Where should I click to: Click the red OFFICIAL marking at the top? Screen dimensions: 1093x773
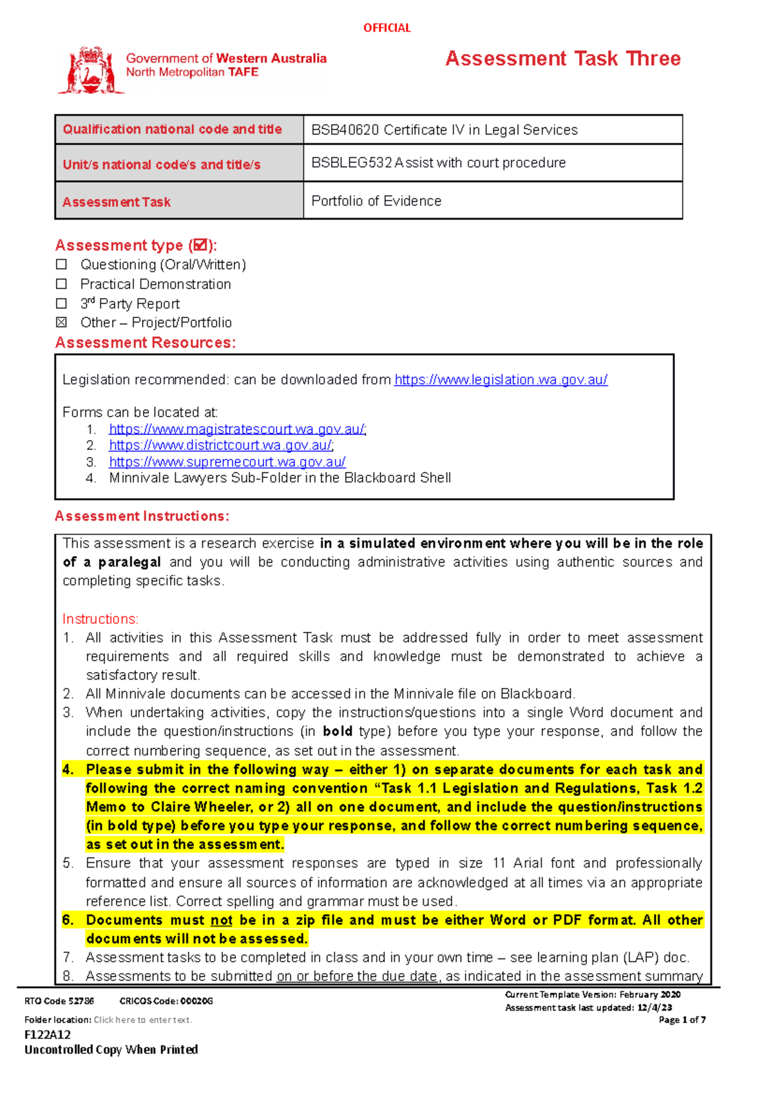(386, 28)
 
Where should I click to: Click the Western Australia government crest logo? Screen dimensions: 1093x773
(91, 70)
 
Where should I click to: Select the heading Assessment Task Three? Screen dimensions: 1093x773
(562, 59)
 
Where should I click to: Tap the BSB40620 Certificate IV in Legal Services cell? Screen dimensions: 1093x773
(444, 130)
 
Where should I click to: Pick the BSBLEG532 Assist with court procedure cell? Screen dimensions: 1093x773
(439, 163)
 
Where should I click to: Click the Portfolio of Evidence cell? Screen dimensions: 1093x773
(376, 201)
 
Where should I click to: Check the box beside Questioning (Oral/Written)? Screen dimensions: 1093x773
(62, 265)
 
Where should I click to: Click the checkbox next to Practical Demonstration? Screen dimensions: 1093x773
(62, 284)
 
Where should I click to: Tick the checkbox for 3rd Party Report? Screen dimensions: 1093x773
(62, 303)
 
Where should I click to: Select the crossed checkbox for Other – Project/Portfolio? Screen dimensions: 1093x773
(62, 322)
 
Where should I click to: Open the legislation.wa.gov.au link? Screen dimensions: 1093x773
(501, 380)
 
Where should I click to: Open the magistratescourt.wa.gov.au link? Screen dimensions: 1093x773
(237, 429)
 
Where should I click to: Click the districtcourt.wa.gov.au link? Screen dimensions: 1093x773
(221, 445)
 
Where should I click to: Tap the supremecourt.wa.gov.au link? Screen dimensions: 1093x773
(227, 462)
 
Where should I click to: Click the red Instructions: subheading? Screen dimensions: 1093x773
(100, 619)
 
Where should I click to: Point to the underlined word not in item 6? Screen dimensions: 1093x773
(221, 920)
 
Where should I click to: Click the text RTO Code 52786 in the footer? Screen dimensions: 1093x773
(59, 1001)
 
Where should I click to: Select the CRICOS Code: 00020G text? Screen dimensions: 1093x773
(166, 1001)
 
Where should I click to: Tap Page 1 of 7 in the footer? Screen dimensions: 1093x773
(682, 1020)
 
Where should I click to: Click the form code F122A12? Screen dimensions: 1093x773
(48, 1034)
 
